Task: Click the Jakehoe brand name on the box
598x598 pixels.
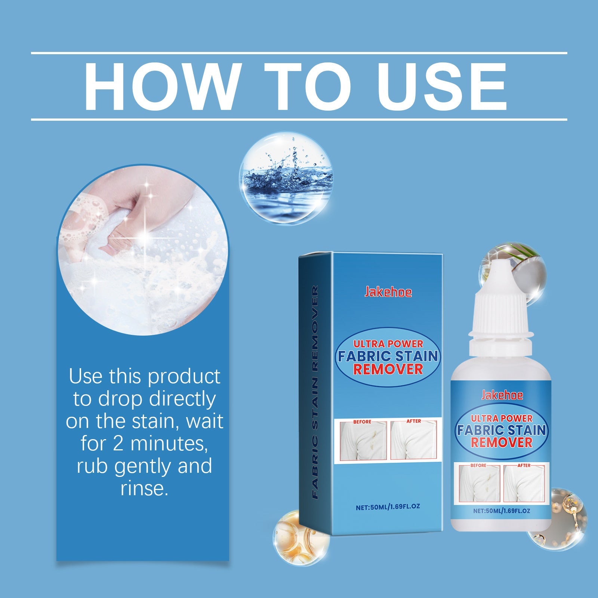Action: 388,292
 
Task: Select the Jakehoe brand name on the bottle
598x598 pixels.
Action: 502,395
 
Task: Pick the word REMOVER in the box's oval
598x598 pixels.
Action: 388,369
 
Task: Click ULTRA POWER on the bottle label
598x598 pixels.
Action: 502,418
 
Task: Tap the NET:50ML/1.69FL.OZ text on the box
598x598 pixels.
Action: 388,507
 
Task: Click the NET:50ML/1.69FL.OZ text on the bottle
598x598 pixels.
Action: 502,511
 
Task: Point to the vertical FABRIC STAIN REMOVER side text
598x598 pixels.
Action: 315,392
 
